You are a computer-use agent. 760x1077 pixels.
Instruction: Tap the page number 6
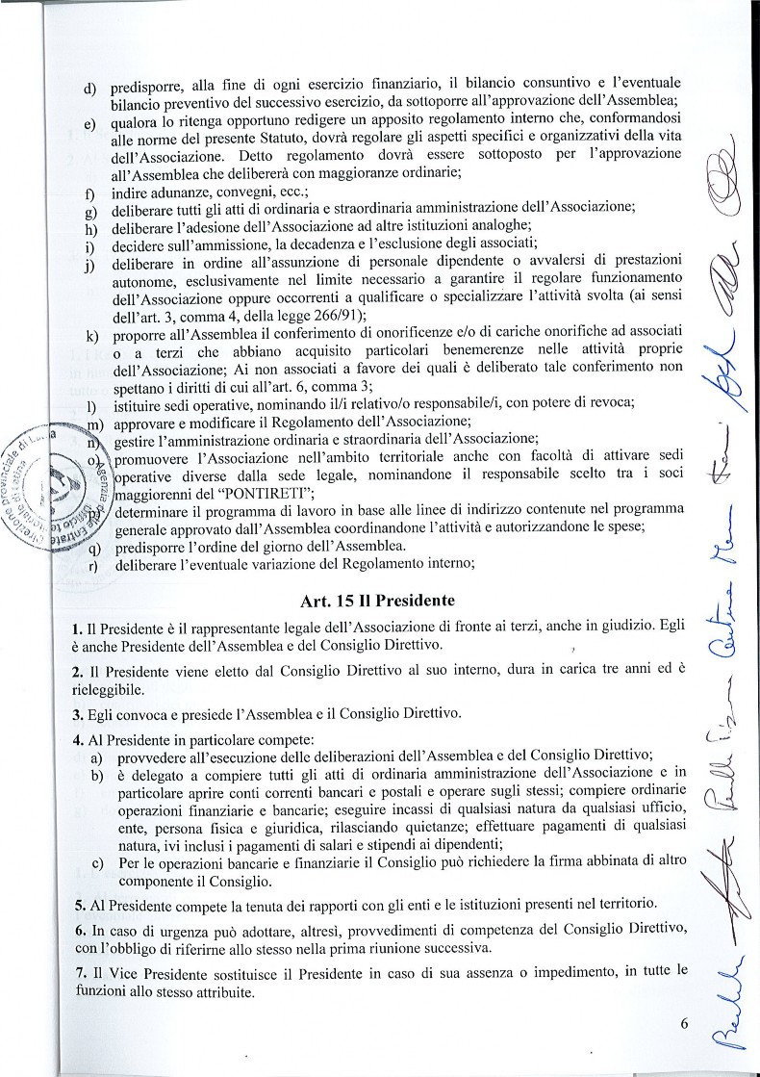point(685,1022)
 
